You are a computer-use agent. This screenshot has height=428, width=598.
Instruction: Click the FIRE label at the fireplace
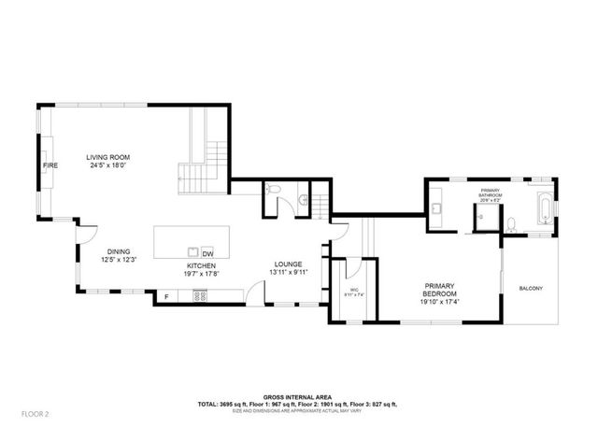click(x=50, y=165)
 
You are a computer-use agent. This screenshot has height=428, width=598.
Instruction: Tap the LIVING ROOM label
click(x=107, y=157)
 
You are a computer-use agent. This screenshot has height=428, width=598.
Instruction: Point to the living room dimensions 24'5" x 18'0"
click(x=107, y=165)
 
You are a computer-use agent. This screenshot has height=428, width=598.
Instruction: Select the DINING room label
click(x=119, y=250)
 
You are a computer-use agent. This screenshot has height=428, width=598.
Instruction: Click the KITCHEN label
click(x=201, y=266)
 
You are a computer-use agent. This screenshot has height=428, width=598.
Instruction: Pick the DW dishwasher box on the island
click(x=207, y=252)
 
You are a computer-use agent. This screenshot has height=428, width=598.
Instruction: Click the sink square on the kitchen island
click(x=192, y=251)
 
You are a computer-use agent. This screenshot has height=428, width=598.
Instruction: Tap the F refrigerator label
click(x=166, y=297)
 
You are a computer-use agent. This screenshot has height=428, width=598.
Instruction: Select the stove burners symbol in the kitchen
click(x=199, y=297)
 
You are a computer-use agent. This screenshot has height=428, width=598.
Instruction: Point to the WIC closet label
click(x=355, y=291)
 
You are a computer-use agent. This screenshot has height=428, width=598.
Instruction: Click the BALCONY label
click(x=531, y=288)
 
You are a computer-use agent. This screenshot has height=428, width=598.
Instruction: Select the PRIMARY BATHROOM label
click(x=490, y=193)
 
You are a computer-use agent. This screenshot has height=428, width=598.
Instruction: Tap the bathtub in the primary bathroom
click(x=542, y=207)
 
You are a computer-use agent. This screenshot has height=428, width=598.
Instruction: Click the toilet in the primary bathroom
click(x=511, y=223)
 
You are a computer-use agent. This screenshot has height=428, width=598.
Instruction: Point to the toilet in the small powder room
click(x=271, y=191)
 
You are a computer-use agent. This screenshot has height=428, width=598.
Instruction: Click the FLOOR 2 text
click(x=36, y=412)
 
